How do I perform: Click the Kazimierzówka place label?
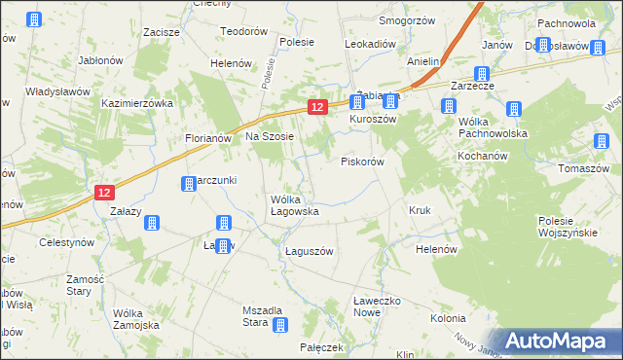pyautogui.click(x=136, y=102)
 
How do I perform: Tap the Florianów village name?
pyautogui.click(x=207, y=138)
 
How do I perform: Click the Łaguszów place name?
pyautogui.click(x=310, y=251)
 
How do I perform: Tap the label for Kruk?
pyautogui.click(x=420, y=210)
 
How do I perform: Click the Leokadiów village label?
pyautogui.click(x=371, y=44)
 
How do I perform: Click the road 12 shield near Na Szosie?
pyautogui.click(x=316, y=107)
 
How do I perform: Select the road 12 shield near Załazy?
pyautogui.click(x=105, y=193)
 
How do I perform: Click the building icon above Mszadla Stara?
pyautogui.click(x=280, y=325)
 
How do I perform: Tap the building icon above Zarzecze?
pyautogui.click(x=481, y=74)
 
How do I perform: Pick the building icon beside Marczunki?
pyautogui.click(x=189, y=183)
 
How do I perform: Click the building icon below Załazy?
pyautogui.click(x=152, y=223)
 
